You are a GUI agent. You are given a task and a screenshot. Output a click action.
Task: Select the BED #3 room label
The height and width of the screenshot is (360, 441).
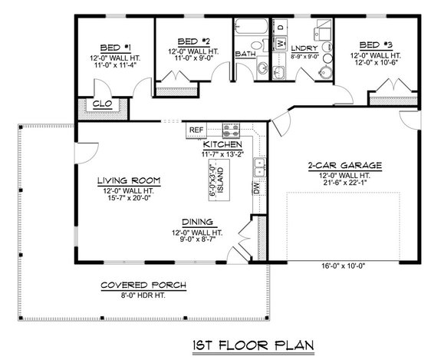[x=375, y=45]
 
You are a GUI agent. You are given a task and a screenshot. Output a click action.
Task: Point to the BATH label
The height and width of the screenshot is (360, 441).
[x=245, y=54]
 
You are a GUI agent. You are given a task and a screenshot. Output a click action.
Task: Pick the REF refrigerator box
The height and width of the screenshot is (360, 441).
[x=196, y=130]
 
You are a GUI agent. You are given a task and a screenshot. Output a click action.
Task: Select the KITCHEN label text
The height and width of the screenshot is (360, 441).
[x=223, y=144]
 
